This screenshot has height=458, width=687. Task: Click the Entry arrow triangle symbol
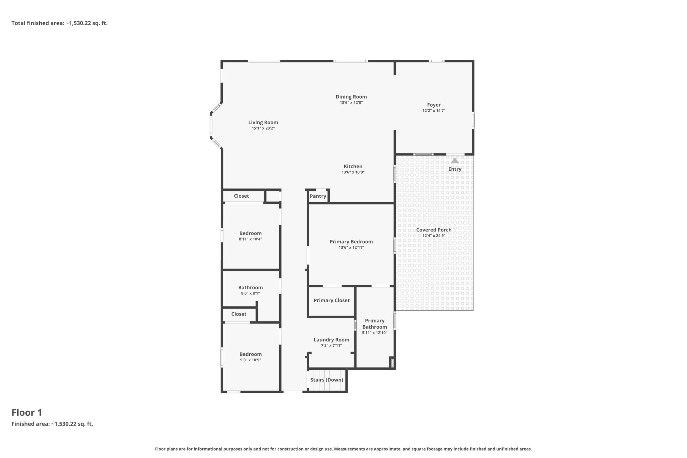coord(455,160)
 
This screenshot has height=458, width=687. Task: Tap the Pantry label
coord(318,196)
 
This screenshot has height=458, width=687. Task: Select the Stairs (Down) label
coord(326,380)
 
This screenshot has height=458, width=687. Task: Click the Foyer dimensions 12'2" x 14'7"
coord(434,111)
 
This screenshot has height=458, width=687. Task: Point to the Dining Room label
coord(351,97)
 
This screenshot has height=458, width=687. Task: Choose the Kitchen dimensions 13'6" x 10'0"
coord(353,172)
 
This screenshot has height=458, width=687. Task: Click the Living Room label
coord(263,122)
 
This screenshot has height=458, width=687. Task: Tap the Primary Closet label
coord(331,300)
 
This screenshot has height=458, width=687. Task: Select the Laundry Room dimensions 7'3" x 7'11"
coord(331,345)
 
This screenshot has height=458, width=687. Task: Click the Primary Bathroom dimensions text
coord(375,333)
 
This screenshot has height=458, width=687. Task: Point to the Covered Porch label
coord(434,230)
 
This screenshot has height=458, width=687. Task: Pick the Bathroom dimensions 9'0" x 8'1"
coord(250,293)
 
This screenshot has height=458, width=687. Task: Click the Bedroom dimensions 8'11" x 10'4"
coord(250,239)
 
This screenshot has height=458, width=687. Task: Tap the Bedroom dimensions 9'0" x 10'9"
coord(250,360)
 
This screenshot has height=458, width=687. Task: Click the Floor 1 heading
coord(27,412)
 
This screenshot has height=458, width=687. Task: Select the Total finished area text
coord(59,23)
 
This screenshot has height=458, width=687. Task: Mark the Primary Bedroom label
coord(351,242)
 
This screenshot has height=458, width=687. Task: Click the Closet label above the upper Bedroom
coord(241,196)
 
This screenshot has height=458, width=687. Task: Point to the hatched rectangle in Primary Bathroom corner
coord(392,363)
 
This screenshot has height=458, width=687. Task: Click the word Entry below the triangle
coord(455,169)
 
